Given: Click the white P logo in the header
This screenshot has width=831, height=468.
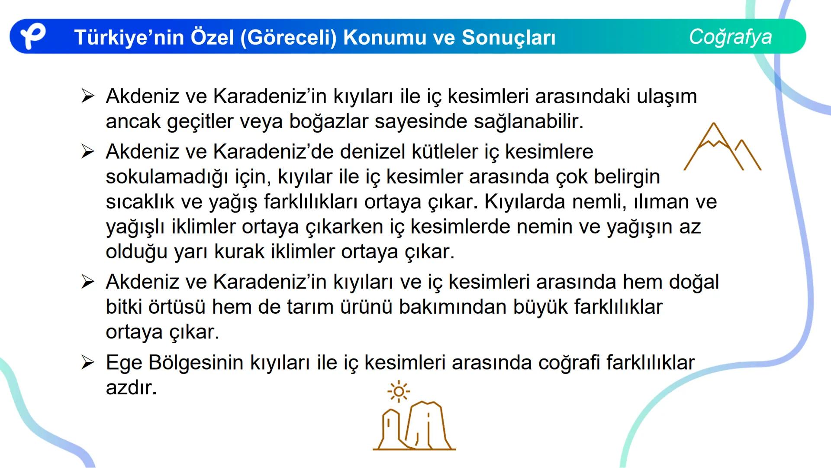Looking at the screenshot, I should [x=33, y=36].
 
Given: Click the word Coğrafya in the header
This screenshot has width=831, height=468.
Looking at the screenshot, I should [x=730, y=36].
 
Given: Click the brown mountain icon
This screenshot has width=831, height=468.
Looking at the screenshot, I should [x=722, y=147].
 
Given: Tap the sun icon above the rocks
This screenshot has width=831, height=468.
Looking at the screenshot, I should [x=399, y=392].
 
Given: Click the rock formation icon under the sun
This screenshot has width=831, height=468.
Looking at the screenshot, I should [x=414, y=426].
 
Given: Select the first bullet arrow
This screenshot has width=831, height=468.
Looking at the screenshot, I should [x=87, y=96].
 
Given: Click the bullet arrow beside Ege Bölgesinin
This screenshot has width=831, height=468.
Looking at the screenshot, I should [x=87, y=363].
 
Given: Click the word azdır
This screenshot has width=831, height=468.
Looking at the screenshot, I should [x=131, y=388].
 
